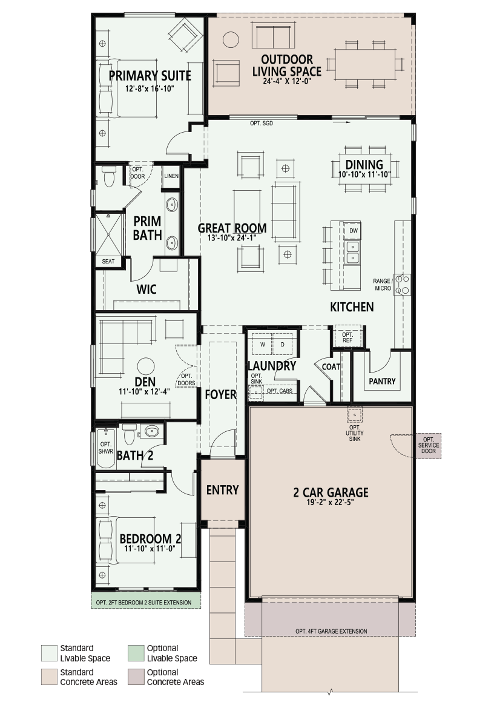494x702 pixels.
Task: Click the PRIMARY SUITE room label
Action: pyautogui.click(x=150, y=76)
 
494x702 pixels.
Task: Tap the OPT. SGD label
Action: pyautogui.click(x=262, y=123)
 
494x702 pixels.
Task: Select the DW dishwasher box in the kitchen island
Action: pyautogui.click(x=353, y=231)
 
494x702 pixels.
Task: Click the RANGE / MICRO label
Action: pyautogui.click(x=383, y=285)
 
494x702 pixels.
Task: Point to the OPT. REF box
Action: pyautogui.click(x=347, y=337)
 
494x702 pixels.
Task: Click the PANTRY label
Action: pyautogui.click(x=382, y=381)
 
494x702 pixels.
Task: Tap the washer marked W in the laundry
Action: pyautogui.click(x=263, y=344)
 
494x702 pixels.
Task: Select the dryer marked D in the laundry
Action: pyautogui.click(x=283, y=344)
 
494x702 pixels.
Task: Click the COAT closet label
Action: pyautogui.click(x=331, y=366)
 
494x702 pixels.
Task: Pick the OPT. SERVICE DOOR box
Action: pyautogui.click(x=428, y=445)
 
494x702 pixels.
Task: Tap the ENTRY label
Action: pyautogui.click(x=222, y=490)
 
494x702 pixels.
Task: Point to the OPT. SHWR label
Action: pyautogui.click(x=106, y=448)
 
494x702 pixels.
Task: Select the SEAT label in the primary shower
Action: pyautogui.click(x=108, y=261)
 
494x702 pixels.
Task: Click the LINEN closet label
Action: pyautogui.click(x=171, y=176)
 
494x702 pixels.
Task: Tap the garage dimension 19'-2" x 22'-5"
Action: pyautogui.click(x=331, y=502)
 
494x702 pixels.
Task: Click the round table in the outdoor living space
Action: pyautogui.click(x=231, y=39)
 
